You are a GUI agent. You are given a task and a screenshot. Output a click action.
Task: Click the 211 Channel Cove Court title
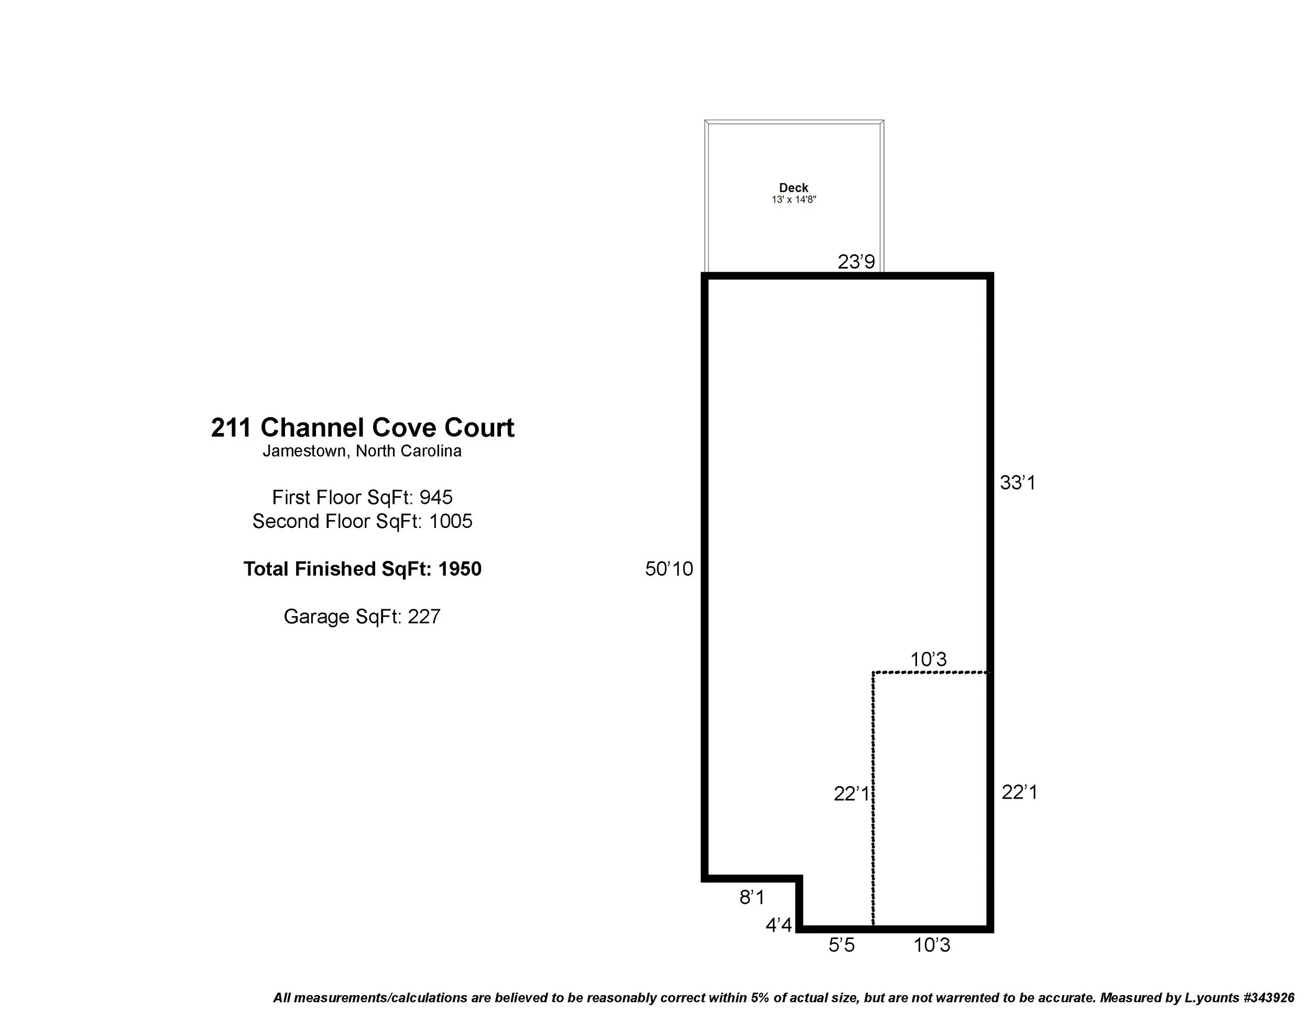362,428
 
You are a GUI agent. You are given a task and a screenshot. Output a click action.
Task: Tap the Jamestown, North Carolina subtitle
362,451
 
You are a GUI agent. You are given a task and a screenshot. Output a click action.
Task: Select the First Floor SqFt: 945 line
362,498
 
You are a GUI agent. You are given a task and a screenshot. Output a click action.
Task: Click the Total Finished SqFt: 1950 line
362,569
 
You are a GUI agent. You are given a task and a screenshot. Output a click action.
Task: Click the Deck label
793,188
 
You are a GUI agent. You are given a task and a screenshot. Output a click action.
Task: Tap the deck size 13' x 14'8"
793,200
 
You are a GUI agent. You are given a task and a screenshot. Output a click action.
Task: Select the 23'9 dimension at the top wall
856,262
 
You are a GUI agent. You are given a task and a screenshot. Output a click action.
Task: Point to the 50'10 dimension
669,569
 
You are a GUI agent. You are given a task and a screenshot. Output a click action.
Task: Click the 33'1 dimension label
1017,482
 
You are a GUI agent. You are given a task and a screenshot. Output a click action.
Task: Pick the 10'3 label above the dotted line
928,660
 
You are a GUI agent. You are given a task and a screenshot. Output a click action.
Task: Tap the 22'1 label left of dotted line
850,794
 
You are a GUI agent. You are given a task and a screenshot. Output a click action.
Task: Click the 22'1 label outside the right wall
1019,793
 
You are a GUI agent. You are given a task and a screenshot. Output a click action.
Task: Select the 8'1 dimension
751,898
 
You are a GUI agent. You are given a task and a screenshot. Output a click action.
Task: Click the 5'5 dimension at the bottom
841,946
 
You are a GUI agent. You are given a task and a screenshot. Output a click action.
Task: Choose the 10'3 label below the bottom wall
932,946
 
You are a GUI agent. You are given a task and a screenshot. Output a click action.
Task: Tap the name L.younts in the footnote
1211,998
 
